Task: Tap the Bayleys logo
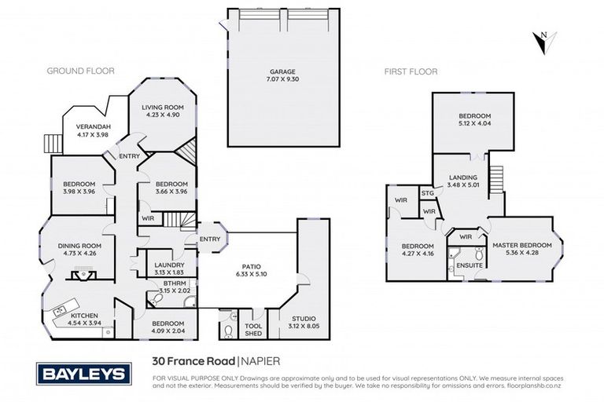point(83,374)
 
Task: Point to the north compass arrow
point(544,42)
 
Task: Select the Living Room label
point(163,108)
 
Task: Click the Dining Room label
point(78,246)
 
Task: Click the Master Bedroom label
point(522,245)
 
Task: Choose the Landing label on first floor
point(463,177)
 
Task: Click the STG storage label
point(428,192)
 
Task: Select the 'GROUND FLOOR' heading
point(80,71)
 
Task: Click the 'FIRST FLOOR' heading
point(411,71)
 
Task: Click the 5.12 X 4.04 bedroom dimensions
point(473,123)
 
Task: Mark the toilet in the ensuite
point(479,254)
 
